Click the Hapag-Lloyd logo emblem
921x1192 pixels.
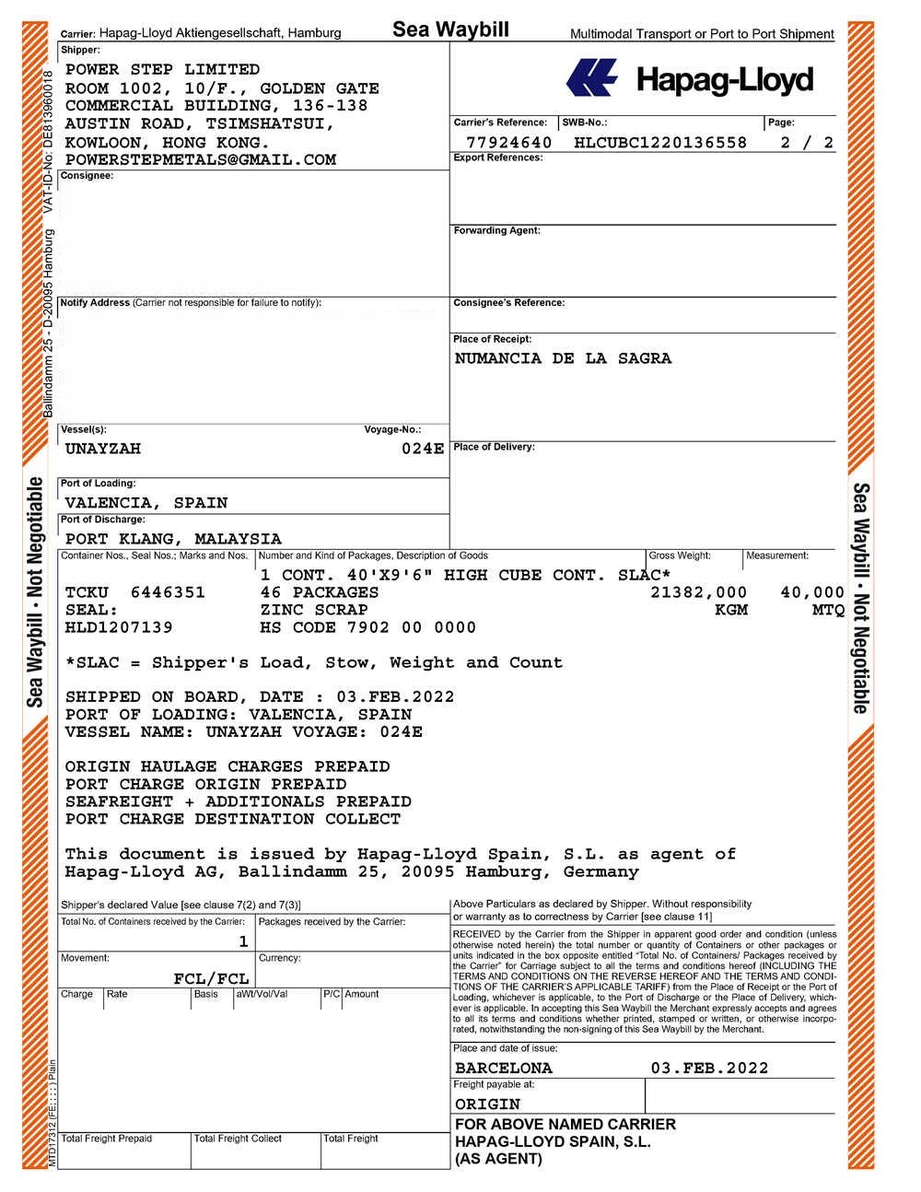click(592, 78)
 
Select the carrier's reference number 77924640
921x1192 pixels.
click(508, 143)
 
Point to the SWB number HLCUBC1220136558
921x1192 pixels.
click(659, 143)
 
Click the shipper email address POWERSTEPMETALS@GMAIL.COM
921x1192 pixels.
click(200, 159)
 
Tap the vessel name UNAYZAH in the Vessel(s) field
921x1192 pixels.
click(102, 449)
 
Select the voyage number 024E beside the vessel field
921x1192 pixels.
click(424, 449)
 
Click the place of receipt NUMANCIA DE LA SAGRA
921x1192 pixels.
click(563, 358)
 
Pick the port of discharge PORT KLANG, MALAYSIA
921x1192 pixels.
click(173, 539)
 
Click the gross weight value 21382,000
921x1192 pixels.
click(698, 592)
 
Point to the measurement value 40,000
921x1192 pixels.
click(811, 592)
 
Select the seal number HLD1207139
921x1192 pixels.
click(118, 627)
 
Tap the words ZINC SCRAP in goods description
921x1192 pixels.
click(314, 610)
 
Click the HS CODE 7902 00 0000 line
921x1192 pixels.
click(367, 627)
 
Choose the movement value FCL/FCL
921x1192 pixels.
click(211, 978)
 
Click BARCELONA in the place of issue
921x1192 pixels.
click(503, 1069)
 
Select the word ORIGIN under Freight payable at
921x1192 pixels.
click(487, 1104)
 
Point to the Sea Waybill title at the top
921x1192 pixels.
click(450, 29)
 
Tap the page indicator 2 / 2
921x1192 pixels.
click(806, 143)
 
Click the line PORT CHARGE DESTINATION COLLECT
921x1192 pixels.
click(232, 819)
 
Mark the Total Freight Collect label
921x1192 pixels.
click(238, 1139)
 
